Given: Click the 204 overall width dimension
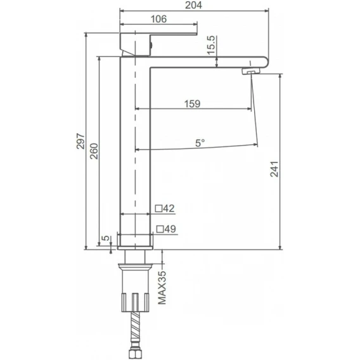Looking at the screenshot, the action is pyautogui.click(x=193, y=5).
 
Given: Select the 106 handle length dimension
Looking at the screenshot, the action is pyautogui.click(x=158, y=19).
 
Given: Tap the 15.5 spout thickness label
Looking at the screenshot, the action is pyautogui.click(x=211, y=45).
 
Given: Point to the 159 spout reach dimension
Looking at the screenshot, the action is pyautogui.click(x=193, y=104).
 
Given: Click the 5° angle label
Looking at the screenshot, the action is pyautogui.click(x=200, y=143).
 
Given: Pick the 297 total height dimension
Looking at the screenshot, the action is pyautogui.click(x=81, y=141).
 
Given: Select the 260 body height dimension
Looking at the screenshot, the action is pyautogui.click(x=94, y=151).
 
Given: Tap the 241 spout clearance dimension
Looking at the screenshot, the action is pyautogui.click(x=274, y=169).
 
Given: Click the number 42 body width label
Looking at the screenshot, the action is pyautogui.click(x=169, y=209).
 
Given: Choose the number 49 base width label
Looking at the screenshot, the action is pyautogui.click(x=170, y=229).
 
